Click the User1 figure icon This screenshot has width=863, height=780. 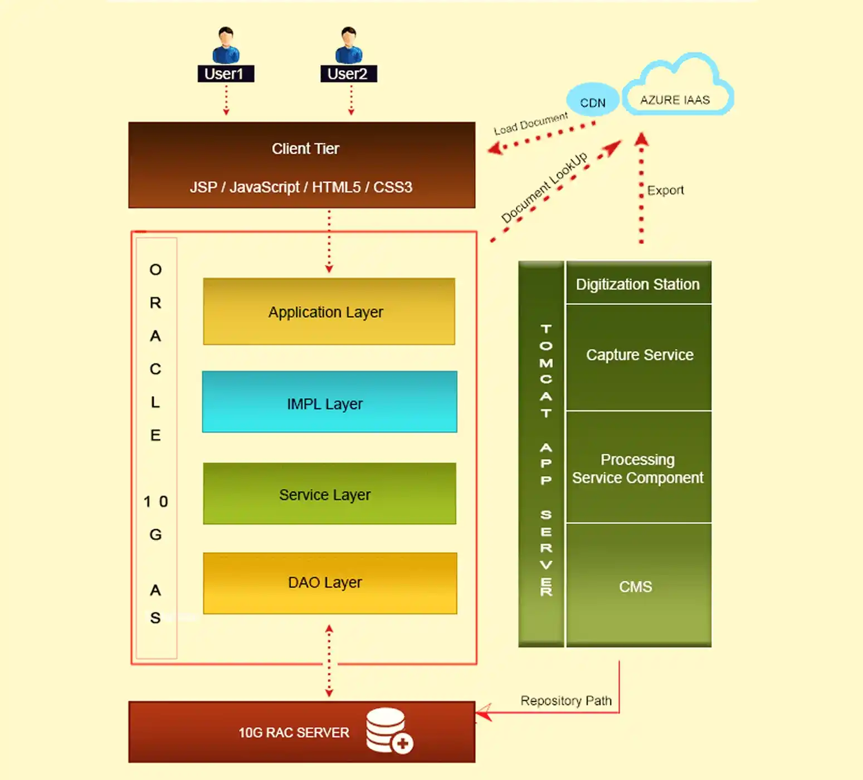[x=226, y=45]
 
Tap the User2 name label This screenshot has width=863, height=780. [x=348, y=74]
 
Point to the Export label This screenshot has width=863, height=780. [x=665, y=191]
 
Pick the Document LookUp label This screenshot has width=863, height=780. [x=544, y=187]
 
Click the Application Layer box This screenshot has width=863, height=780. [x=329, y=311]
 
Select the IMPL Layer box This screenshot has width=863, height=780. [x=329, y=402]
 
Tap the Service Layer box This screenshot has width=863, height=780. [x=329, y=494]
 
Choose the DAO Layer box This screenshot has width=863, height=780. [x=329, y=583]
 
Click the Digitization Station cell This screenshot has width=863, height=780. [x=638, y=284]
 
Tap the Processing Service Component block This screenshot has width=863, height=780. [x=638, y=468]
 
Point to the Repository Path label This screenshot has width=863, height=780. [x=565, y=700]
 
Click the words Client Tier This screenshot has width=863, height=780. [x=305, y=149]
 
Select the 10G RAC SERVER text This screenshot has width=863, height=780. [x=294, y=733]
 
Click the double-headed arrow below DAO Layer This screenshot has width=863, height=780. [x=329, y=661]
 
